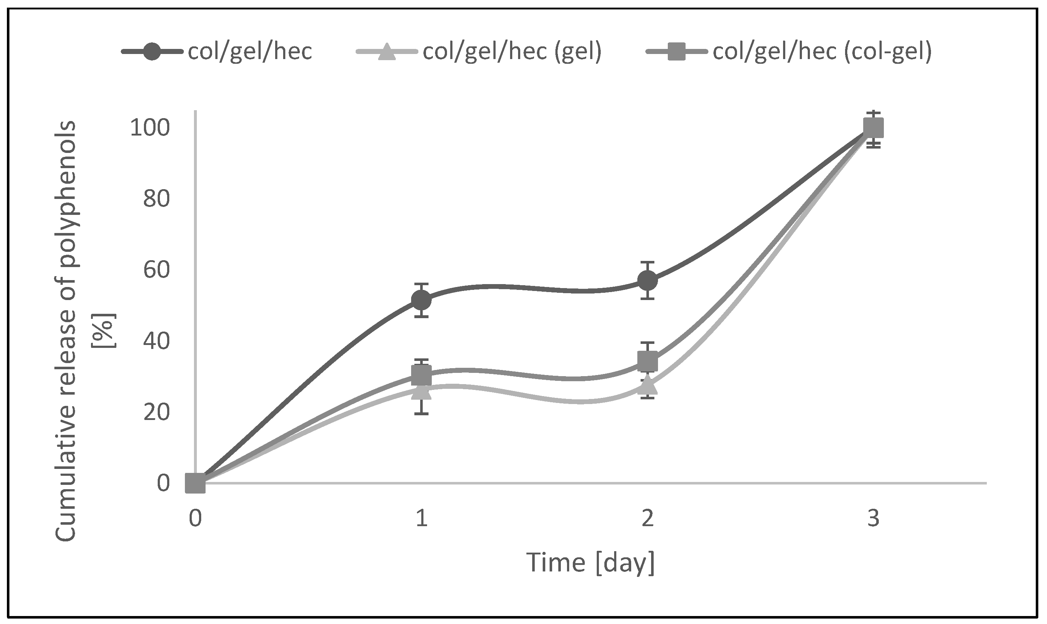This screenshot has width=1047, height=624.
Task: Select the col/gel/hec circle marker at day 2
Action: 647,280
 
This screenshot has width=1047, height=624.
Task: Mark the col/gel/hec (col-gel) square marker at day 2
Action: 647,361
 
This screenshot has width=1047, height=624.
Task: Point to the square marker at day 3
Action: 873,128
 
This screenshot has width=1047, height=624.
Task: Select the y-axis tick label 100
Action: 150,128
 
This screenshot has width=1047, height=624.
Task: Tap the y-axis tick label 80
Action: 157,199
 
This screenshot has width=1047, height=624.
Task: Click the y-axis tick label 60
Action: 157,270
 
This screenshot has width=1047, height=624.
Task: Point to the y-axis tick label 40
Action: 157,341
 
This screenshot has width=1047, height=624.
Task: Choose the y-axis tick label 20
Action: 157,412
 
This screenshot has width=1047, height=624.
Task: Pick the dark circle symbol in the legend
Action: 152,51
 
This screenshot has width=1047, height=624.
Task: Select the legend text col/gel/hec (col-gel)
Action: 822,51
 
